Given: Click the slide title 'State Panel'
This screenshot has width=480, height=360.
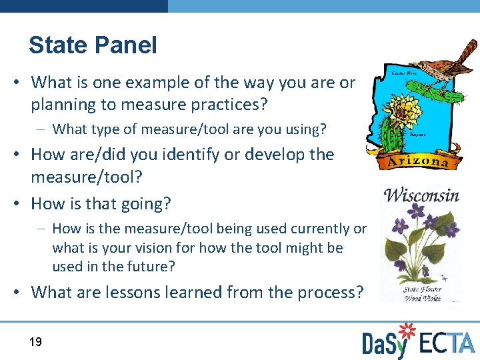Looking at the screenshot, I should (x=93, y=45).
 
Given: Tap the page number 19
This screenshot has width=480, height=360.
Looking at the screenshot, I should (x=35, y=342).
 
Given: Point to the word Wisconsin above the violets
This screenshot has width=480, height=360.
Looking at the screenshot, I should (x=421, y=195).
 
